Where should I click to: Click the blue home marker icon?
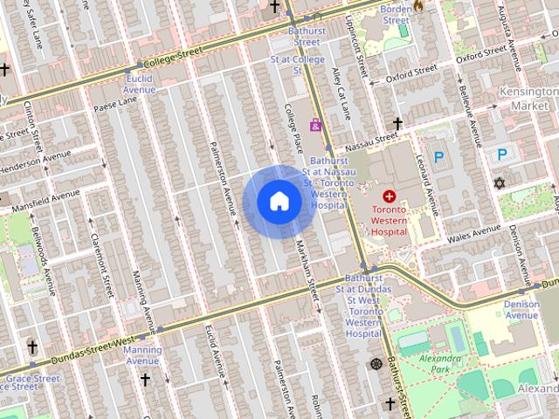click(x=279, y=202)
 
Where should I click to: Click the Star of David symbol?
click(x=500, y=184)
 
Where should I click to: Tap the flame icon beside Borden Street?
click(x=418, y=6)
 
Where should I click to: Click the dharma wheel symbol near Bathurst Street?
click(x=376, y=363)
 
